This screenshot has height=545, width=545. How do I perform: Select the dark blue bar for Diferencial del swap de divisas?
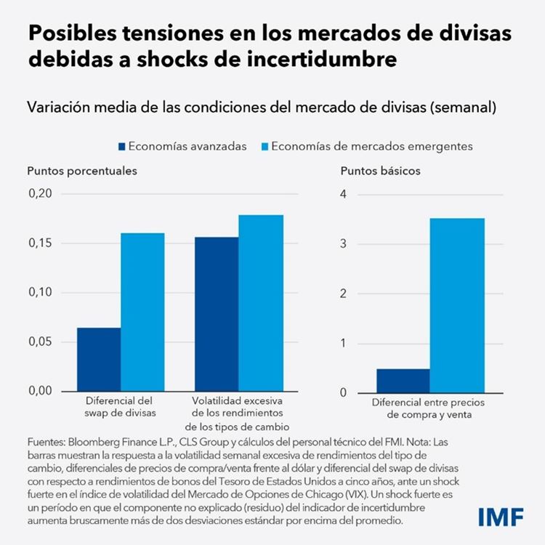point(99,359)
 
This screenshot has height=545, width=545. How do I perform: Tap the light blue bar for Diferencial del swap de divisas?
point(142,312)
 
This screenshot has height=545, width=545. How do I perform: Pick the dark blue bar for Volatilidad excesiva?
point(217,314)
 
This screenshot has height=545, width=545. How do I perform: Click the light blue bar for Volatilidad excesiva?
point(261,303)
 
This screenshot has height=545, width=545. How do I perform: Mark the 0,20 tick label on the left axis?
point(41,193)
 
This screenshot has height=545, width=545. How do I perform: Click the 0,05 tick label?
point(41,342)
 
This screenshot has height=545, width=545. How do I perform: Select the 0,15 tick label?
point(41,243)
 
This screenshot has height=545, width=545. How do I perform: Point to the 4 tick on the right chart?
point(344,194)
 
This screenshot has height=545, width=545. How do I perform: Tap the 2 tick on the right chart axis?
point(344,294)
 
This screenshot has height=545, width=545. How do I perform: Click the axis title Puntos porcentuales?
point(82,171)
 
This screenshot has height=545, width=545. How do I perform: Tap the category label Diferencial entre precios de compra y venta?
point(428,408)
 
